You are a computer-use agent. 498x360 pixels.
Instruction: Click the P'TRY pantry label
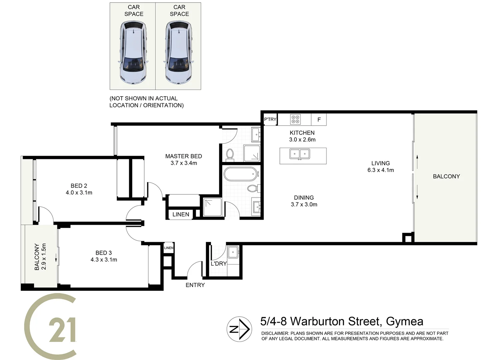point(270,119)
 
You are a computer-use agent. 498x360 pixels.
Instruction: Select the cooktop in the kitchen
point(295,119)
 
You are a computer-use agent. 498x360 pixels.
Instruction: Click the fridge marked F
point(319,120)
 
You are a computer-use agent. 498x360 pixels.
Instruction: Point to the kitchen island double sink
point(300,154)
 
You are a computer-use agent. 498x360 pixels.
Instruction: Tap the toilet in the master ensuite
point(230,154)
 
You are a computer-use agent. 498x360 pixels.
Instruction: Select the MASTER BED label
point(184,156)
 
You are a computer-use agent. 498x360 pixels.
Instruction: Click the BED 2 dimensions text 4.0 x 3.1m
point(79,193)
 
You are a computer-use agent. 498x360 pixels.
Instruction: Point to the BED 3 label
point(104,253)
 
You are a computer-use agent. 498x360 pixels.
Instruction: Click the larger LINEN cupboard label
point(181,214)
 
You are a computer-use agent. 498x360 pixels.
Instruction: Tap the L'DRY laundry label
point(219,263)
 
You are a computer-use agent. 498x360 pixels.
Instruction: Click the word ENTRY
point(195,285)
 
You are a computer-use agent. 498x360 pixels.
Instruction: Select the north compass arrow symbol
point(239,329)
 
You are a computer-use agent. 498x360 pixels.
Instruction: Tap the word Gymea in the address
point(404,321)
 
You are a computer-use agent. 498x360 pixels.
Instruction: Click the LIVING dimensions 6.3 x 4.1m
point(380,170)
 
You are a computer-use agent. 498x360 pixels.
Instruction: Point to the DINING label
point(304,198)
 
